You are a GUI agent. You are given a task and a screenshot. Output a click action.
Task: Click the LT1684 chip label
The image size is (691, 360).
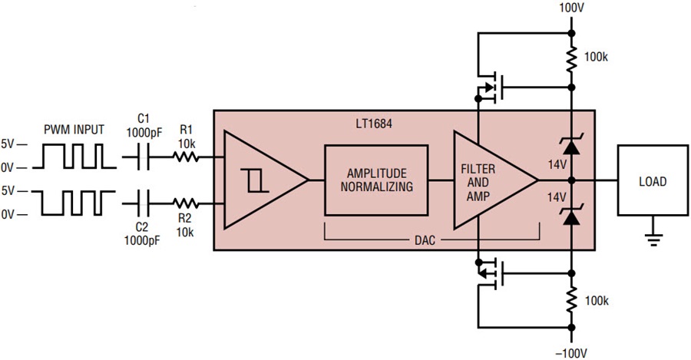(374, 124)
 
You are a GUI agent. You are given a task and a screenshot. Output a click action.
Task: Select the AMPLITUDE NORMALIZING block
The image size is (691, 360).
(376, 180)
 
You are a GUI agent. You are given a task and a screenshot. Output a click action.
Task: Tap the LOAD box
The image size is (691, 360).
(653, 180)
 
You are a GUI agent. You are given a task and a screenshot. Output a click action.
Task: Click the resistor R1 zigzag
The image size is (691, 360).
(186, 157)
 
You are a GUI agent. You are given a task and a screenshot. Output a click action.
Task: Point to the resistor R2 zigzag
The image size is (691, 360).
(186, 203)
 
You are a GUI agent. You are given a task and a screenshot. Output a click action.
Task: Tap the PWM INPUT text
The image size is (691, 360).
(74, 130)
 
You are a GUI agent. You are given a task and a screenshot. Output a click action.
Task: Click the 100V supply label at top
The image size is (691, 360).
(571, 8)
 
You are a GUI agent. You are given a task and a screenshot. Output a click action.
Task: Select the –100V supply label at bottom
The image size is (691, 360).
(571, 353)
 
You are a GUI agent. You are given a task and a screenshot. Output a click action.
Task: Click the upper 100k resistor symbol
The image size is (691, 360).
(571, 59)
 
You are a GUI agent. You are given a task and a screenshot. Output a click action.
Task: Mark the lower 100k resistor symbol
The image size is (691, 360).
(571, 300)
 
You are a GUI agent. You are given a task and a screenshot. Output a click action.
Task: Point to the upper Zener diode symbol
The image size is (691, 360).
(571, 146)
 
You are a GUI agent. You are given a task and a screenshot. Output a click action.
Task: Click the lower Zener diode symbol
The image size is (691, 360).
(571, 215)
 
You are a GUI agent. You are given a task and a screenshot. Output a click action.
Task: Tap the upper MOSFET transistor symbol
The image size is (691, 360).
(490, 88)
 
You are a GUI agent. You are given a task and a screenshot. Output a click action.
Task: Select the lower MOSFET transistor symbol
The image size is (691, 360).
(490, 273)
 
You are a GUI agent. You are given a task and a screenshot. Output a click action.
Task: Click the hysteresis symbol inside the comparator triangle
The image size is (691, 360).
(254, 180)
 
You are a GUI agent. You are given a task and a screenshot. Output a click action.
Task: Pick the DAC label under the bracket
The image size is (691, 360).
(425, 240)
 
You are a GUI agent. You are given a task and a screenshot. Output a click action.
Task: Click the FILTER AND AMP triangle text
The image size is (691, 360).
(478, 182)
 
